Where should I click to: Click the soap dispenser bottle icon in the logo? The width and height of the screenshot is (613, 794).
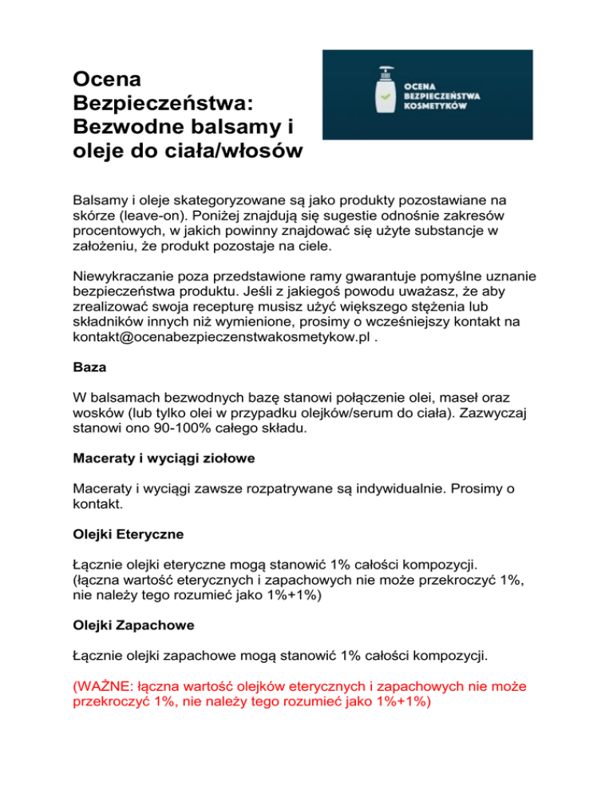tap(386, 94)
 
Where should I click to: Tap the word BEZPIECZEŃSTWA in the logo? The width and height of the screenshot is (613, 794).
tap(453, 94)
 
